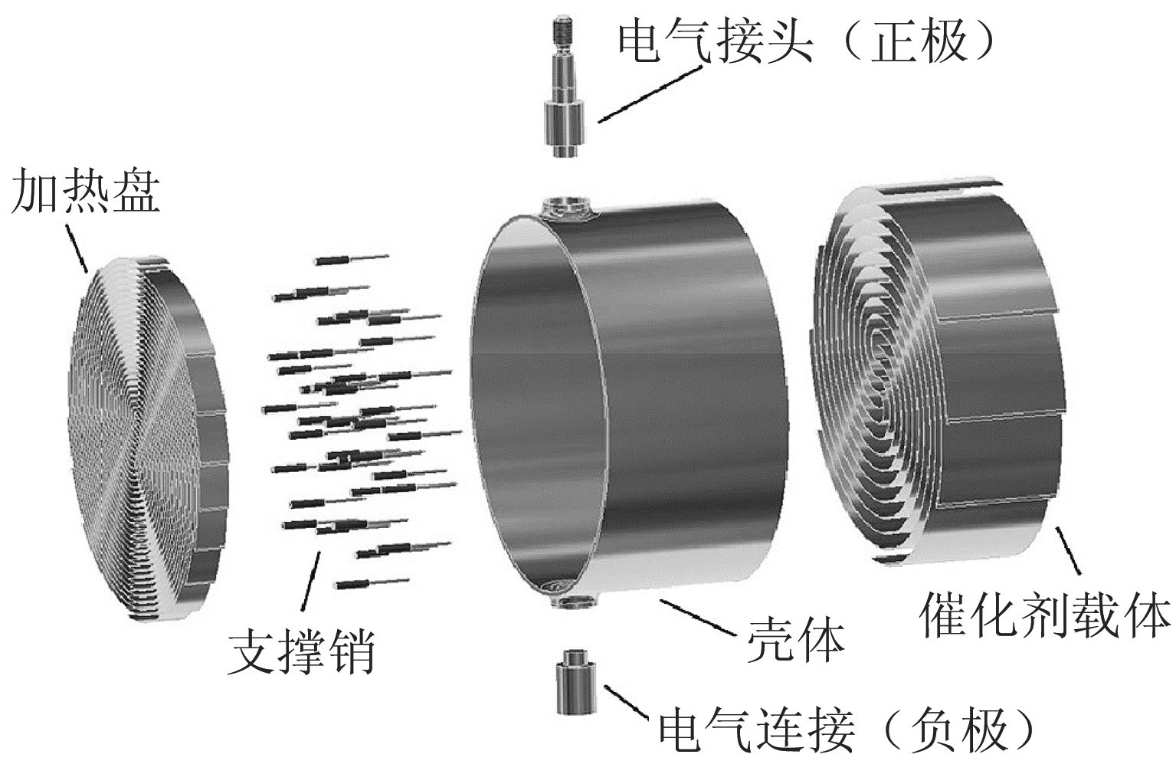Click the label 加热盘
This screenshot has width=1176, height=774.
84,192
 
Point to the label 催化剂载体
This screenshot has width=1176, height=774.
1045,613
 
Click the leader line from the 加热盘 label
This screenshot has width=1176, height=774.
77,247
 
